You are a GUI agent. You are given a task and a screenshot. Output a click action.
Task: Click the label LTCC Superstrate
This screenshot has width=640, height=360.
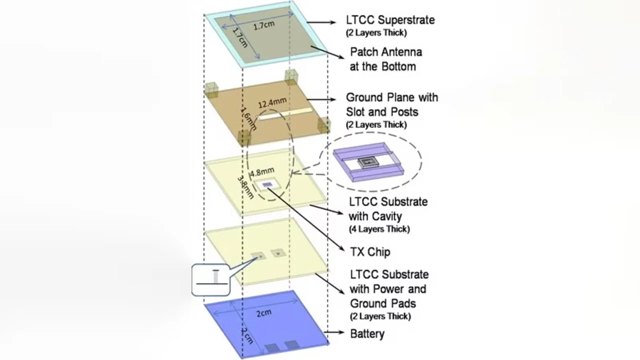tap(390, 20)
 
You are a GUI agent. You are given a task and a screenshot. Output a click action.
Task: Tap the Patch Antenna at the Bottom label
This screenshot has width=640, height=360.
tap(385, 59)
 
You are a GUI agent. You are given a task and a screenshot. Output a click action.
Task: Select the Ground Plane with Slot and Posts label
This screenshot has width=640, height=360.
tap(392, 104)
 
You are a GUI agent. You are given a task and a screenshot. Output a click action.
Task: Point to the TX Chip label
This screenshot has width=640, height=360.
tap(371, 252)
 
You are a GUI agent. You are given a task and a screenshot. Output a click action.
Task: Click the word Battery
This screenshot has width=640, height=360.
tap(367, 333)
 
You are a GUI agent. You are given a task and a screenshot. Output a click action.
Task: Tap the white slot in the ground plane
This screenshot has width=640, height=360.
tap(285, 113)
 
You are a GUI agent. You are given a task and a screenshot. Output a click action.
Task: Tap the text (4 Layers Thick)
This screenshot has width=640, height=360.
tap(379, 229)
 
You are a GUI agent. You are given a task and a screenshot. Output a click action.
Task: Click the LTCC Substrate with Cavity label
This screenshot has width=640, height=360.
tap(388, 209)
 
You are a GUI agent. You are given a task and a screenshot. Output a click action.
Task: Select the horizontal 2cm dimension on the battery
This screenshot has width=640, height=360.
tap(263, 313)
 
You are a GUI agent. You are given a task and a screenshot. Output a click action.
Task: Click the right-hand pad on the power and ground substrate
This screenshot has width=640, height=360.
tap(277, 253)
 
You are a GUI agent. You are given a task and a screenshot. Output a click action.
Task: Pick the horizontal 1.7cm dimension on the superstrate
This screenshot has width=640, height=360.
tap(264, 25)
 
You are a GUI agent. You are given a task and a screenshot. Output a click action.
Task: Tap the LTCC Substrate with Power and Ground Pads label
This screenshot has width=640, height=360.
tap(389, 289)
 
